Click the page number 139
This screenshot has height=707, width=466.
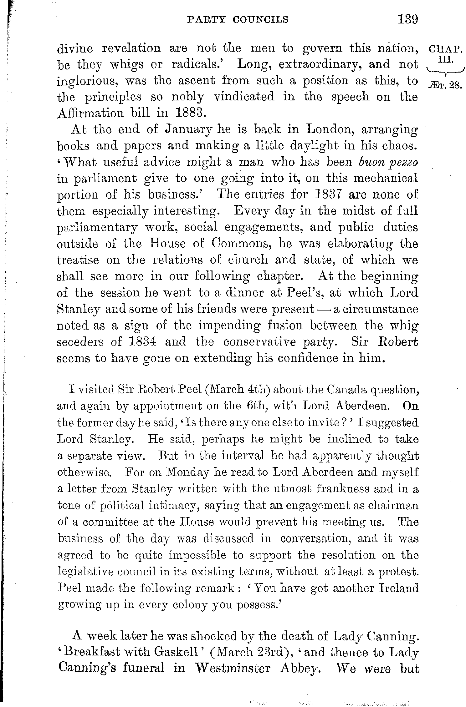[x=408, y=20]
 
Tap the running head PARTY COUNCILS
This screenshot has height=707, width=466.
[x=237, y=20]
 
